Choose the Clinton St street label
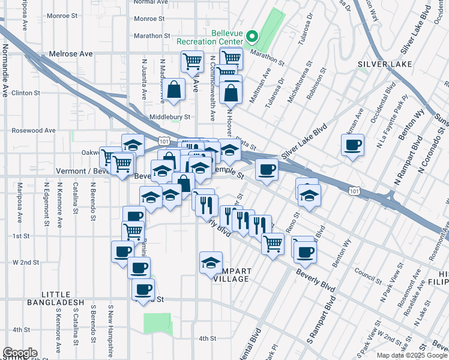pyautogui.click(x=26, y=93)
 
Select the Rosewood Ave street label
pyautogui.click(x=34, y=130)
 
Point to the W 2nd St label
pyautogui.click(x=26, y=262)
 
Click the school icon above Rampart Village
pyautogui.click(x=210, y=263)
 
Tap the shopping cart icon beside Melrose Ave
pyautogui.click(x=191, y=61)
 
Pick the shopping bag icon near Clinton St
pyautogui.click(x=173, y=89)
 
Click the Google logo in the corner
pyautogui.click(x=20, y=353)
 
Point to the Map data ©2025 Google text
pyautogui.click(x=411, y=355)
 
